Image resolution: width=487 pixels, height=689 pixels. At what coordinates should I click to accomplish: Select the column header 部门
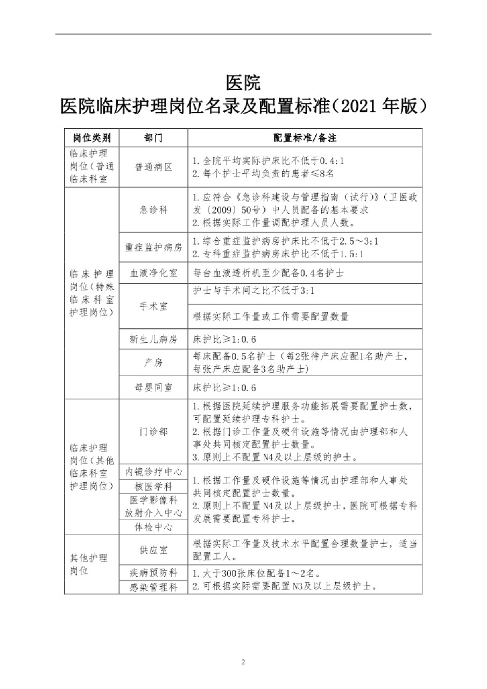click(x=153, y=137)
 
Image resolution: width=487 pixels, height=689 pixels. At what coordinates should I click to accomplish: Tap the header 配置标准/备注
click(x=305, y=137)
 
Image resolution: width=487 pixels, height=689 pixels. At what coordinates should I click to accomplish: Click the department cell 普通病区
click(x=153, y=167)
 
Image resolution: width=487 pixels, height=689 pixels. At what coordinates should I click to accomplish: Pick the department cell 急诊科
click(x=153, y=210)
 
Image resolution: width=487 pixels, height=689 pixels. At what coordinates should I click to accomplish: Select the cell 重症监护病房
click(x=153, y=248)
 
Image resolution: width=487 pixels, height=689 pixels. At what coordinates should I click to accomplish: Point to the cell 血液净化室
click(x=153, y=273)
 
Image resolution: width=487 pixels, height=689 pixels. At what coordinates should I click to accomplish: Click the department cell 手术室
click(x=153, y=306)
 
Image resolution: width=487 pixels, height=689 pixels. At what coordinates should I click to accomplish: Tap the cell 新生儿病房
click(x=153, y=340)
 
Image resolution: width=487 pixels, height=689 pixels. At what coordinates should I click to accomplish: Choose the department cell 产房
click(x=153, y=363)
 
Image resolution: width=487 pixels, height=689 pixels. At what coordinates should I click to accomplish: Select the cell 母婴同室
click(x=153, y=388)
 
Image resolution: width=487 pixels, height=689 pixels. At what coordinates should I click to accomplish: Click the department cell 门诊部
click(x=153, y=432)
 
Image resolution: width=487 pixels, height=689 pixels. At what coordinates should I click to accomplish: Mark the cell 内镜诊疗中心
click(x=153, y=472)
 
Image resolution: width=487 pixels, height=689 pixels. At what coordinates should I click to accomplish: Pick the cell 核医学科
click(x=153, y=486)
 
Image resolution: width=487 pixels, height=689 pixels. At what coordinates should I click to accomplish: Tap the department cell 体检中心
click(x=153, y=527)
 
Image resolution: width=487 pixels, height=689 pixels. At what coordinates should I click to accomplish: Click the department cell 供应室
click(x=153, y=550)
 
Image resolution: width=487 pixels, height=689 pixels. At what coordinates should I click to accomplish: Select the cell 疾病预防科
click(x=153, y=572)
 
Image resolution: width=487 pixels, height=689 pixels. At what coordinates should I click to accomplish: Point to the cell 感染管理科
click(x=153, y=587)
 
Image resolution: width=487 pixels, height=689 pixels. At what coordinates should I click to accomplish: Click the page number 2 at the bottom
click(x=243, y=662)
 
